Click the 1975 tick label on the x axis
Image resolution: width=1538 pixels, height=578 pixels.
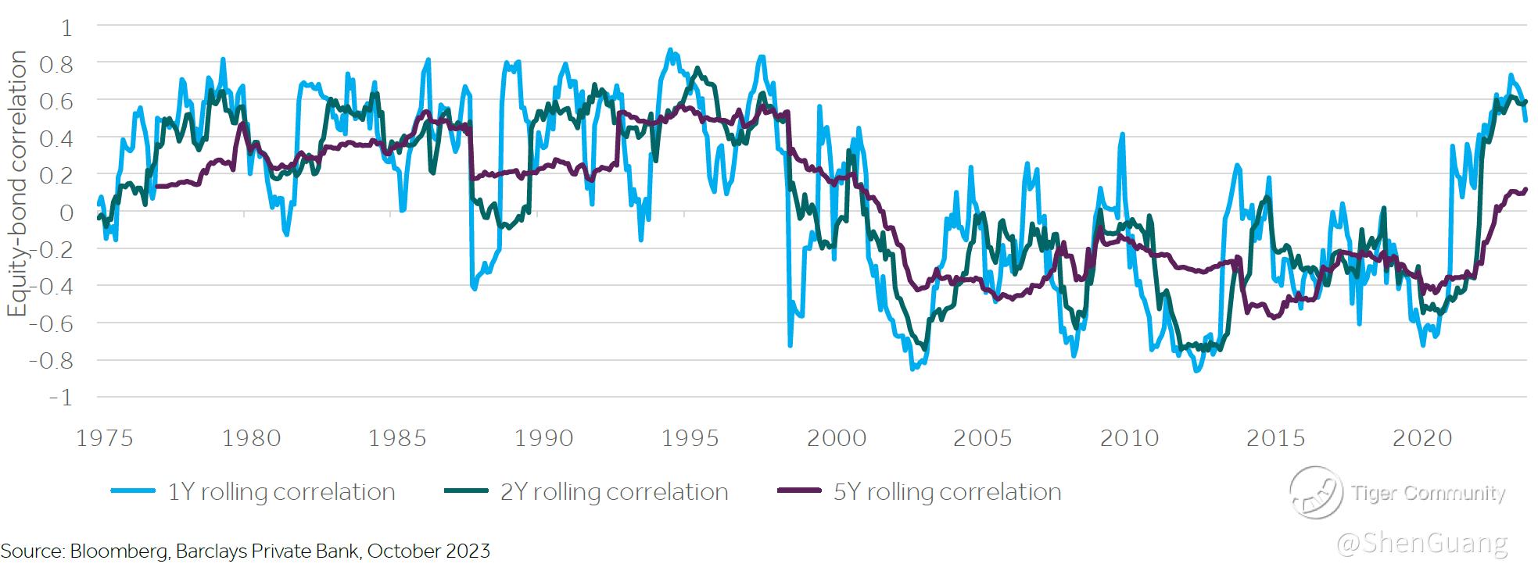click(105, 438)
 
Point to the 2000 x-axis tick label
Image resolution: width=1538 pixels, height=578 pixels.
click(837, 438)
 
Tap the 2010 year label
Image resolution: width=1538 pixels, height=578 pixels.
click(1129, 438)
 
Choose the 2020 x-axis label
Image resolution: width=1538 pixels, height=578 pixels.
click(1422, 438)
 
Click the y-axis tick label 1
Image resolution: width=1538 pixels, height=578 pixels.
click(66, 28)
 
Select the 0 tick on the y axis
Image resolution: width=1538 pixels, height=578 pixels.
click(66, 212)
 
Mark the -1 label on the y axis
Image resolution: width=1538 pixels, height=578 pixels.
click(60, 398)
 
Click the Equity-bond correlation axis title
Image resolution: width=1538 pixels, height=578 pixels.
click(17, 184)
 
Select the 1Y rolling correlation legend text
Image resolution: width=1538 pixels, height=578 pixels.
click(281, 492)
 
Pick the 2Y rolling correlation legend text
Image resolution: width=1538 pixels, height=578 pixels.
click(615, 492)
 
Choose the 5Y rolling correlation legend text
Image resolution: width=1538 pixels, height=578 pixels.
click(948, 492)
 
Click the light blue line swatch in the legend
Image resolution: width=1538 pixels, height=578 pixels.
click(136, 491)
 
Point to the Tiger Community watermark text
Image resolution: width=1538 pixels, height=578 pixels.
click(1428, 493)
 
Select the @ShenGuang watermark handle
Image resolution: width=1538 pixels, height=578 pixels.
click(1422, 543)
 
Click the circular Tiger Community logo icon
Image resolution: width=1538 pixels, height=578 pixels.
click(1315, 492)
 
